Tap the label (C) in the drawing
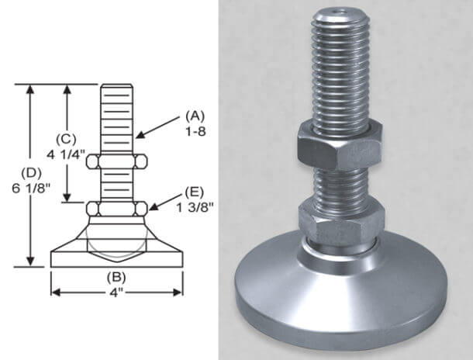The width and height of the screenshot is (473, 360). tap(67, 139)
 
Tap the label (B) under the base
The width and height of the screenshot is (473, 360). tap(117, 276)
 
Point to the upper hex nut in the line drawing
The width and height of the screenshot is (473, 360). tap(117, 162)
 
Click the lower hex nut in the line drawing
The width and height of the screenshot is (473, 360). tap(117, 209)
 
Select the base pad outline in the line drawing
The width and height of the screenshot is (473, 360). tap(117, 252)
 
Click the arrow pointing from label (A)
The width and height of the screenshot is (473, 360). tap(158, 126)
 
